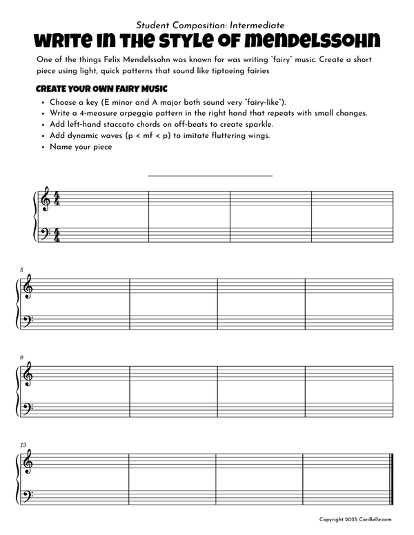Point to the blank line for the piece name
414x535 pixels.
(x=210, y=175)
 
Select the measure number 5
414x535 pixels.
(x=22, y=270)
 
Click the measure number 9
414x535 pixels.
(x=22, y=357)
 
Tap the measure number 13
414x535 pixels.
(x=23, y=445)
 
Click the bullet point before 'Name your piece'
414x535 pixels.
(x=43, y=147)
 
